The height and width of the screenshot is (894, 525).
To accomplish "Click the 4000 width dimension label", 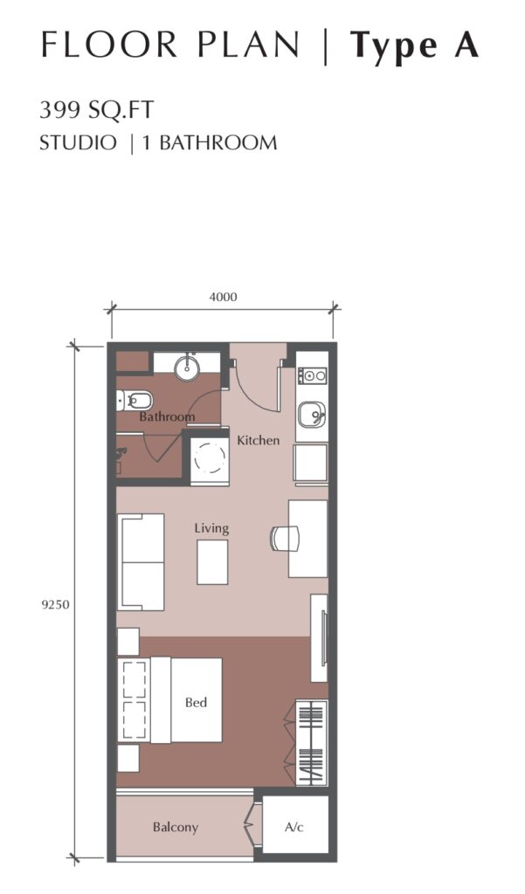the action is (x=223, y=297).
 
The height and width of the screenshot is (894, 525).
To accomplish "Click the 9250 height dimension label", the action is (x=55, y=604).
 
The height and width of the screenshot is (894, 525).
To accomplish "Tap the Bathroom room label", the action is (x=167, y=416).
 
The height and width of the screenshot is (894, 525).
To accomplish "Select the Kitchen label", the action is (x=259, y=440).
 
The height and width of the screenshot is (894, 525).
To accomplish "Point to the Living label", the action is (x=211, y=528).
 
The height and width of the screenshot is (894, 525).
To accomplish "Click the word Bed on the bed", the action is (x=196, y=703).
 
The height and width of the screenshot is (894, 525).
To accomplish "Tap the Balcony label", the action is (x=176, y=828).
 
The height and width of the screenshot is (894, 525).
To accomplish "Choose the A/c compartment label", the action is (x=294, y=828).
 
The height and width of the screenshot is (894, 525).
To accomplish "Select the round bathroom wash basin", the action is (x=187, y=368).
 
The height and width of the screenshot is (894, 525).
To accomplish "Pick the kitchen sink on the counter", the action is (x=311, y=414).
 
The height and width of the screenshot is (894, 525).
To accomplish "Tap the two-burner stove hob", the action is (x=312, y=375).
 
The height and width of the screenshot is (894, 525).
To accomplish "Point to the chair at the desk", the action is (x=285, y=539).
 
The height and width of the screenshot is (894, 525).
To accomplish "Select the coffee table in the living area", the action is (x=212, y=562).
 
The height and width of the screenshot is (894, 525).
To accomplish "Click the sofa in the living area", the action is (x=141, y=562).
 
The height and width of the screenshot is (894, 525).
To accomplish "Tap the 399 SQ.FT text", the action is (x=96, y=109).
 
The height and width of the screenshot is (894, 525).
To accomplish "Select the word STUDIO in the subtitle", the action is (x=78, y=142).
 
